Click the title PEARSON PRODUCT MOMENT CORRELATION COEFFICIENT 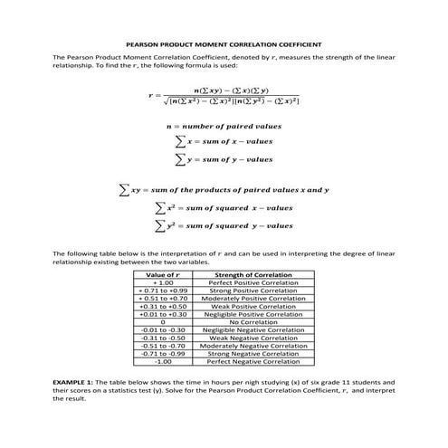pos(224,43)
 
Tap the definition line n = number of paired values pos(224,127)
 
